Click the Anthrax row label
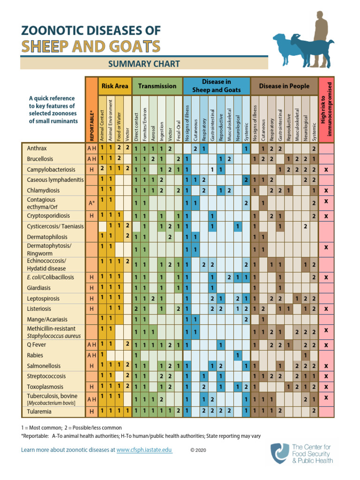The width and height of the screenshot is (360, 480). coord(37,148)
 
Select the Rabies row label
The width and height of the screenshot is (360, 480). coord(36,355)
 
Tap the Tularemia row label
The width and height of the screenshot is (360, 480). coord(39,412)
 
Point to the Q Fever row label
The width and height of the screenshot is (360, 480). coord(36,345)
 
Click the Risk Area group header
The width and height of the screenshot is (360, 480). coord(114,86)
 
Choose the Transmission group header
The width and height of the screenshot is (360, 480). coord(157,86)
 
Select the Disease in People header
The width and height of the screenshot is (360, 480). coord(284,86)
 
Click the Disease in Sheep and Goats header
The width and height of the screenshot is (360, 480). coord(216,86)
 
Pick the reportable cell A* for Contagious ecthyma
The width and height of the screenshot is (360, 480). coord(92,203)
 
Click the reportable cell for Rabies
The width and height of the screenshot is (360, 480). coord(92,355)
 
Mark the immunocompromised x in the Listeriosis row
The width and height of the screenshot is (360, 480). coord(326,309)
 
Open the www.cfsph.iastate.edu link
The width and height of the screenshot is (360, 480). coord(144,450)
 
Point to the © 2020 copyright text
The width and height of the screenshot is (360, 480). coord(198,450)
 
